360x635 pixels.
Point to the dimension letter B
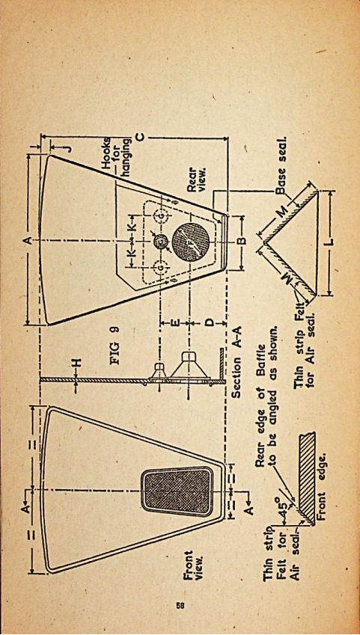coord(240,241)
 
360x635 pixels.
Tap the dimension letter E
coord(175,323)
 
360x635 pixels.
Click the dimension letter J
coord(70,148)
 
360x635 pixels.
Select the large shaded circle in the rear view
coord(190,242)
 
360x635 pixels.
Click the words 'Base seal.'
coord(281,165)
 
